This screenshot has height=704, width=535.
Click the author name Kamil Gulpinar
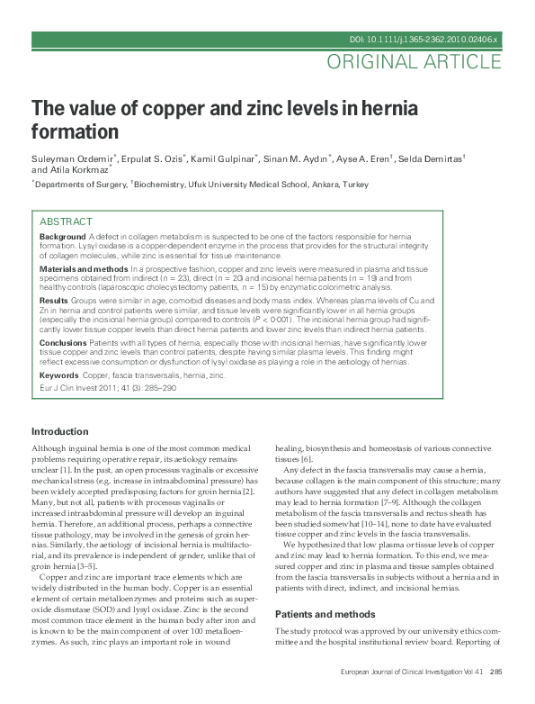[224, 158]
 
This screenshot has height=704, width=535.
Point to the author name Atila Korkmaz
[79, 169]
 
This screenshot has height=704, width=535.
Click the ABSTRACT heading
[66, 221]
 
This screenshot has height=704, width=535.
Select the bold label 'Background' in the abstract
[62, 237]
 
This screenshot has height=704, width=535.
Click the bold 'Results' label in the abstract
[54, 300]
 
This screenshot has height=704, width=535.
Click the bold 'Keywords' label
[58, 374]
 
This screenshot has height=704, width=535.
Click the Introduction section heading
[60, 431]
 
